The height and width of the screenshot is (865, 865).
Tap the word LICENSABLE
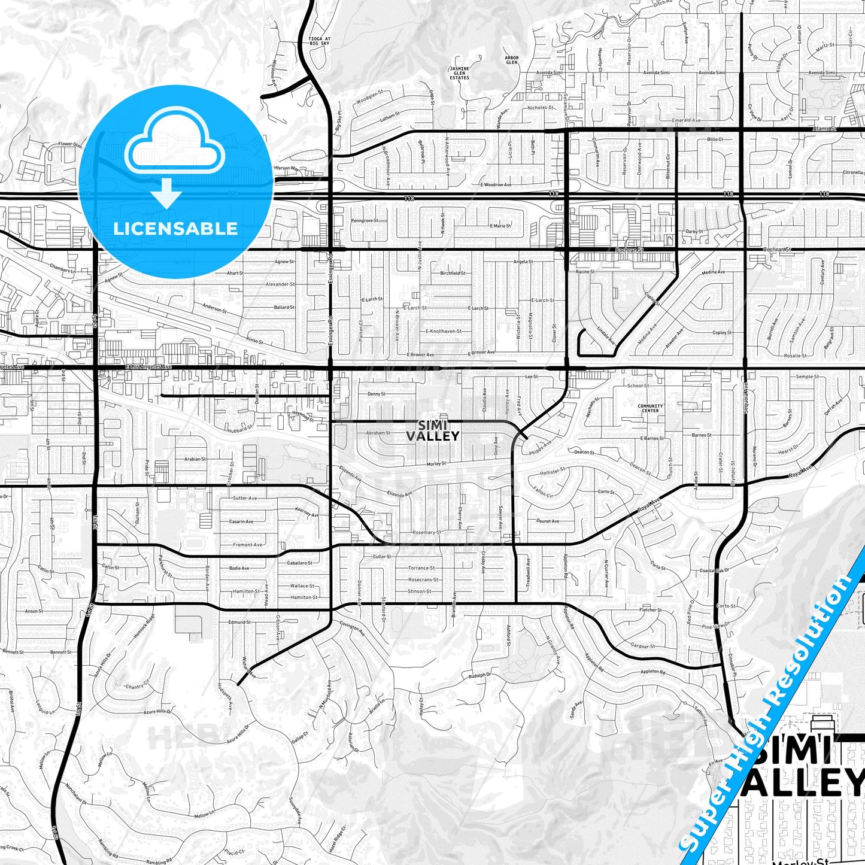[175, 229]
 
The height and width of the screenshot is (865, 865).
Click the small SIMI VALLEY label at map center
[432, 430]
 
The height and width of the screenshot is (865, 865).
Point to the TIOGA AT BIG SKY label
[319, 41]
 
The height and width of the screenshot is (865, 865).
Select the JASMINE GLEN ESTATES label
[459, 73]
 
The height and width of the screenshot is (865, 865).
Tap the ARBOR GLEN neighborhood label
[511, 60]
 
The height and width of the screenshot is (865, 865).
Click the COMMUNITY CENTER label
[650, 408]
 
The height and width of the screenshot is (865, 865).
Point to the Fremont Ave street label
[247, 545]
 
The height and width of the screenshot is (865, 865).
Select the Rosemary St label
[427, 532]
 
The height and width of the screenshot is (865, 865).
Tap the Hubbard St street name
[240, 429]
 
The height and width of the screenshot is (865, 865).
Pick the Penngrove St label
[364, 220]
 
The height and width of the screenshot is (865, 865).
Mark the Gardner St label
[642, 646]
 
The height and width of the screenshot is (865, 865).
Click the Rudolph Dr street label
[479, 675]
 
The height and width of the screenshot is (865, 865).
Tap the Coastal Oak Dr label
[714, 570]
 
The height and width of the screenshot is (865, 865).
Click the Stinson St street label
[419, 591]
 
